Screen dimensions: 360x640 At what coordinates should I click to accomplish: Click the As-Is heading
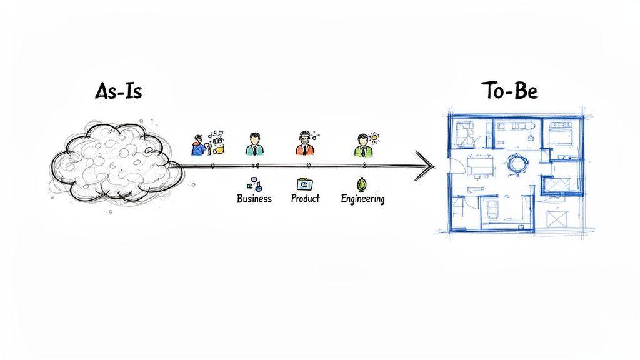(x=118, y=91)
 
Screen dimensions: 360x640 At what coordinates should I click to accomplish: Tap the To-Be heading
(x=509, y=91)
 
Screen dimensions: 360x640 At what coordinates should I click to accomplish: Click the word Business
(x=254, y=199)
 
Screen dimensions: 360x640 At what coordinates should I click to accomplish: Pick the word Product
(x=305, y=198)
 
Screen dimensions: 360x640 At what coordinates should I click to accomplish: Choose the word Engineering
(x=362, y=199)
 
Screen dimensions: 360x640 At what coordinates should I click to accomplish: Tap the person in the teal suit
(x=253, y=144)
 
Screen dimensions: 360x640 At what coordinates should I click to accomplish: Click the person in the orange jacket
(x=303, y=145)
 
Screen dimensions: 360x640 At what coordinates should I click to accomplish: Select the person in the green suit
(x=362, y=146)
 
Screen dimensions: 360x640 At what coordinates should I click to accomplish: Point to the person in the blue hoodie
(x=199, y=145)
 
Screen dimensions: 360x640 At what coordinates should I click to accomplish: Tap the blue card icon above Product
(x=305, y=184)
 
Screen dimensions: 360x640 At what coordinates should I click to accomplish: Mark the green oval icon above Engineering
(x=361, y=184)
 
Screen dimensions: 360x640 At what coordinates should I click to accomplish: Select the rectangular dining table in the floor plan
(x=480, y=165)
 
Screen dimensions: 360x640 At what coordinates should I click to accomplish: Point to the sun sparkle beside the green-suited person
(x=374, y=137)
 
